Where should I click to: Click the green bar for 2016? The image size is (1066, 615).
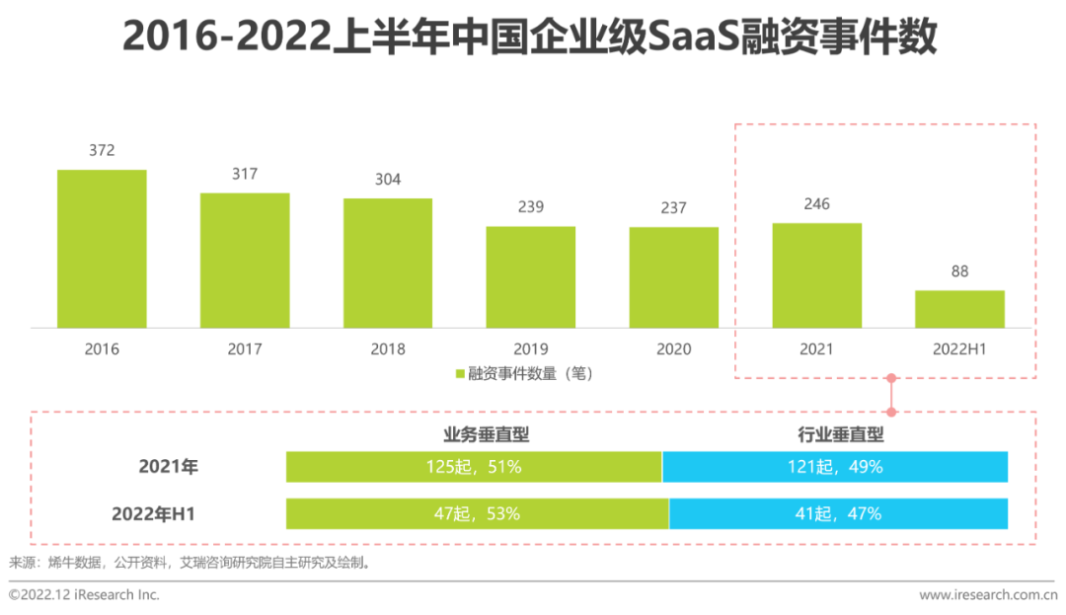point(102,249)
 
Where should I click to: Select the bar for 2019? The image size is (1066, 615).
point(530,277)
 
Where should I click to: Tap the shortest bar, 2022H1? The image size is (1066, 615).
point(959,309)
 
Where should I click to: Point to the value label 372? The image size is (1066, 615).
point(102,151)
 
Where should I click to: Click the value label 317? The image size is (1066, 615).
point(245,175)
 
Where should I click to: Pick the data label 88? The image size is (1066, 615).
point(959,272)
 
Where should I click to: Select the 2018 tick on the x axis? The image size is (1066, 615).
point(388,349)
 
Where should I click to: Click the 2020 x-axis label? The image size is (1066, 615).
point(674,349)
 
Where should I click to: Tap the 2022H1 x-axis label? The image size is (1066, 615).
point(959,349)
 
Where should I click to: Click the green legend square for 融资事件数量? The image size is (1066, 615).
point(460,374)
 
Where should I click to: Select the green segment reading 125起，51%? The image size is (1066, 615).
point(474,467)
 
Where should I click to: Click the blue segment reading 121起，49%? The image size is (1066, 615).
point(835,467)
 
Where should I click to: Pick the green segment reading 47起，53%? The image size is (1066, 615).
point(478,513)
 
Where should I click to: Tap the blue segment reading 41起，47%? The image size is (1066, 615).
point(839,513)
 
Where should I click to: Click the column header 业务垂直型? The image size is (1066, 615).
point(487,434)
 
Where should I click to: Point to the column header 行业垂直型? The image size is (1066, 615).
point(841,434)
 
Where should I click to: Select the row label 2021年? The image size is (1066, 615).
point(169,467)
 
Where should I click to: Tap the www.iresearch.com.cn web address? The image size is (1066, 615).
point(987,595)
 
